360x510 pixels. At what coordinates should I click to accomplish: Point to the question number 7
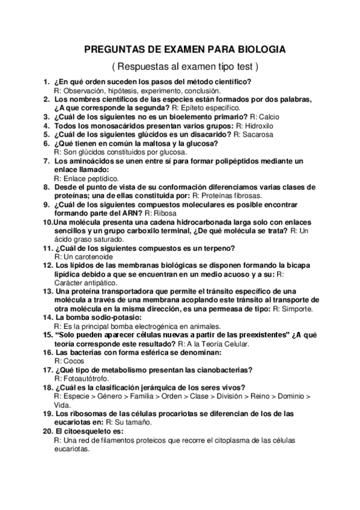coord(46,161)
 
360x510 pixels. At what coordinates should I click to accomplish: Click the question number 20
coord(46,432)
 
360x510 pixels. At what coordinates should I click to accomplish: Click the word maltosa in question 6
coord(156,144)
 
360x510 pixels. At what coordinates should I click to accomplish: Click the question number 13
coord(46,291)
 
